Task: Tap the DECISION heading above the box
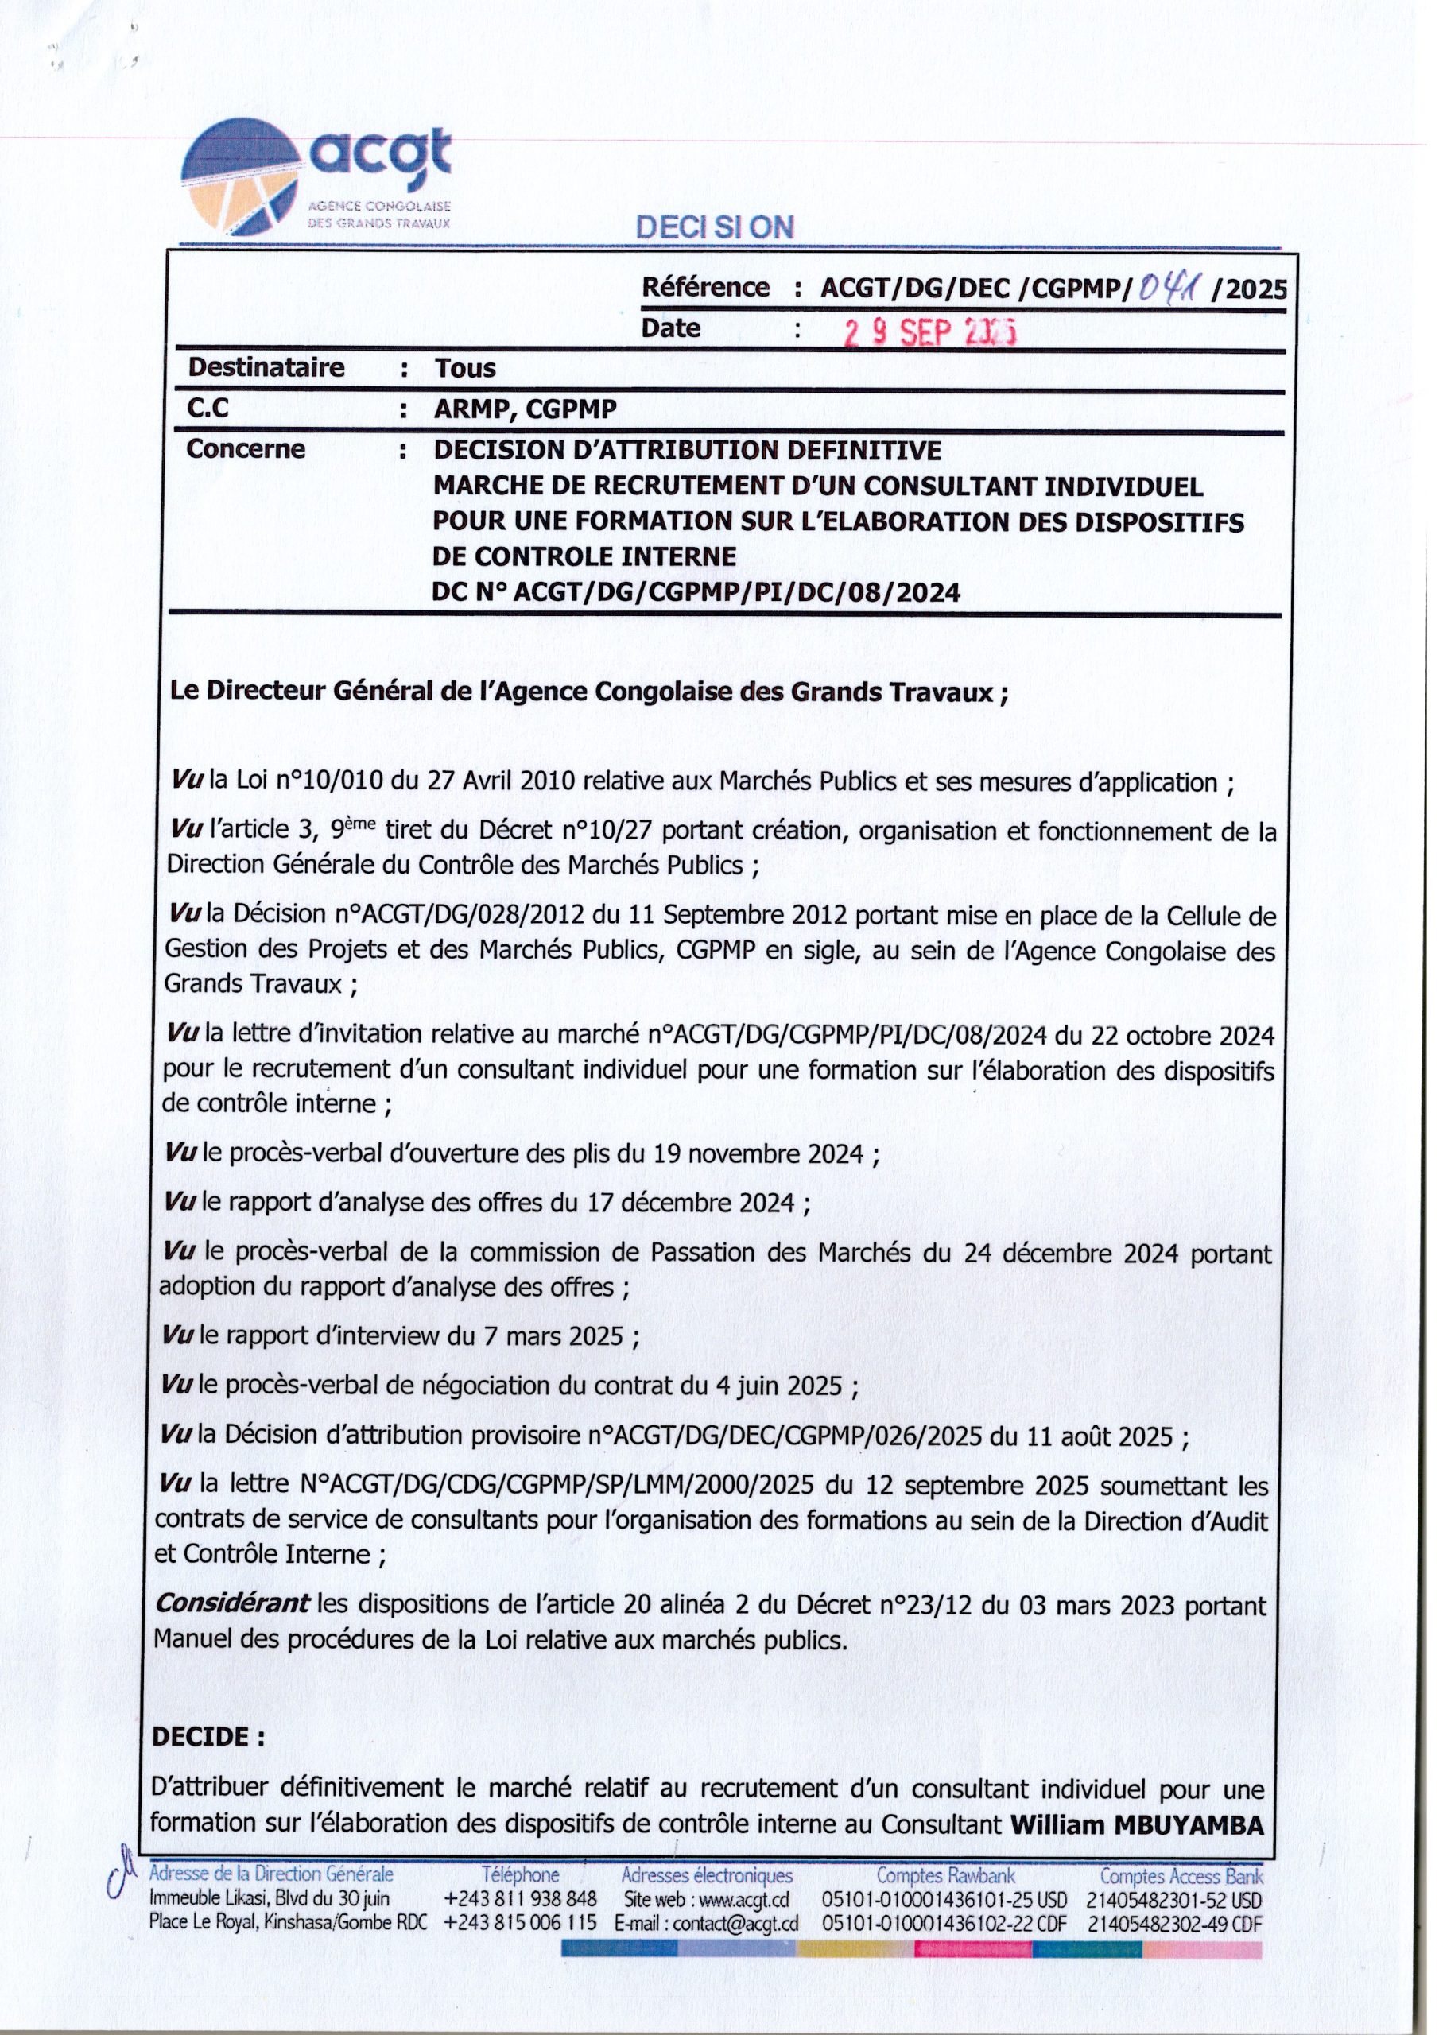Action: click(x=715, y=228)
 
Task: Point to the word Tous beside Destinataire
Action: click(x=464, y=368)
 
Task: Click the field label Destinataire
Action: click(x=266, y=367)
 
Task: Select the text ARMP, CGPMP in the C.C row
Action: click(x=525, y=409)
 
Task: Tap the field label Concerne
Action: click(x=246, y=449)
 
